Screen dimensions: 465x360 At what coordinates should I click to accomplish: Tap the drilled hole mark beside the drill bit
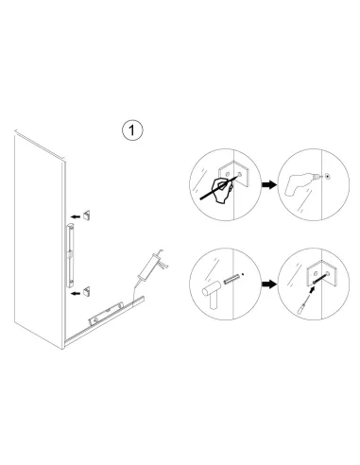tap(326, 176)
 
